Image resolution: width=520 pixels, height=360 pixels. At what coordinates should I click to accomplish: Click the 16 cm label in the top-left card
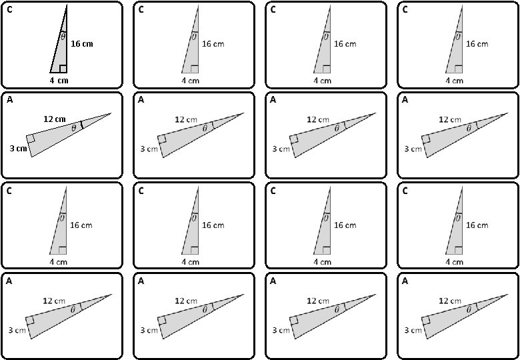(x=82, y=44)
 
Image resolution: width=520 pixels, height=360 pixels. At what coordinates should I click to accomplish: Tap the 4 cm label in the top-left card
(x=59, y=81)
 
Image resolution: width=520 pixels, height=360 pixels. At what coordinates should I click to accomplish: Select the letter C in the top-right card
(x=405, y=9)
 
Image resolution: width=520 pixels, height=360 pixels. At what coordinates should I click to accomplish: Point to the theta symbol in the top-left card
(x=63, y=37)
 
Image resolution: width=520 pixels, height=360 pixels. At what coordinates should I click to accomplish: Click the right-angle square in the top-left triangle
(x=62, y=68)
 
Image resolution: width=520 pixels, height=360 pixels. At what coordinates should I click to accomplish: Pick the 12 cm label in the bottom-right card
(x=449, y=301)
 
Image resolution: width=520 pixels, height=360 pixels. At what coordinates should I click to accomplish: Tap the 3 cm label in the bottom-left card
(x=17, y=330)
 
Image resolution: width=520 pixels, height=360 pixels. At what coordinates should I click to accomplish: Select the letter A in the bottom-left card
(x=9, y=281)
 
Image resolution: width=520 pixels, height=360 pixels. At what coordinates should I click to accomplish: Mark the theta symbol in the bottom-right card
(x=469, y=309)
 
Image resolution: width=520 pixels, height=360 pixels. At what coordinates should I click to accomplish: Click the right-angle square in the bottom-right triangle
(x=426, y=320)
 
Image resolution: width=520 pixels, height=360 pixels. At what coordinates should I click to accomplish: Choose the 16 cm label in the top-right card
(x=477, y=44)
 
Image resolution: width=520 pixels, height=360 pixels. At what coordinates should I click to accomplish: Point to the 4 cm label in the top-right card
(x=454, y=81)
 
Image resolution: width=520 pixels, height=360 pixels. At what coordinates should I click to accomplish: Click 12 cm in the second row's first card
(x=54, y=119)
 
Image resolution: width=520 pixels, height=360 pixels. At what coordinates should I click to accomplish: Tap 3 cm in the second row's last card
(x=413, y=149)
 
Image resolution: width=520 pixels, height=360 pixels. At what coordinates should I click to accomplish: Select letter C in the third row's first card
(x=9, y=191)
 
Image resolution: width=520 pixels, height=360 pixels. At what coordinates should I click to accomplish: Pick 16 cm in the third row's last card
(x=477, y=225)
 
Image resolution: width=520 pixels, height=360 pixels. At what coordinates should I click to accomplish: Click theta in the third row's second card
(x=194, y=217)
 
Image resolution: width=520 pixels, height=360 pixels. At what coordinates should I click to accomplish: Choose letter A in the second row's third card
(x=273, y=100)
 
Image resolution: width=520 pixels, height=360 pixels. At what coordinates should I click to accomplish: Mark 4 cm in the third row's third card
(x=322, y=262)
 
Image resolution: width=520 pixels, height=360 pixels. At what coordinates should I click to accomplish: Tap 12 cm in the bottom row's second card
(x=185, y=301)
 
